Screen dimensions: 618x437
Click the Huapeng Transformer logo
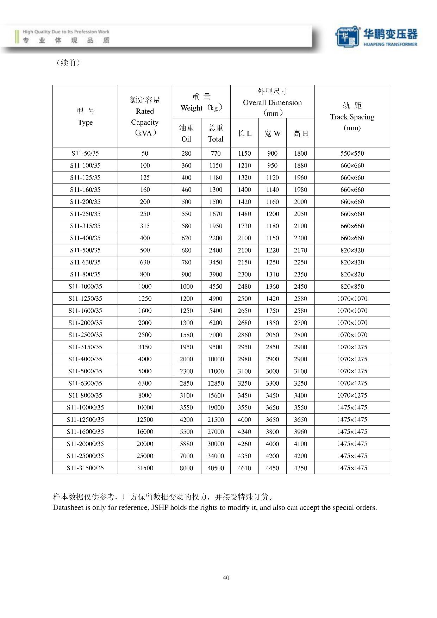[x=376, y=37]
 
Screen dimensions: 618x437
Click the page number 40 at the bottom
[x=226, y=578]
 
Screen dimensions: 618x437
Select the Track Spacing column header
[x=352, y=117]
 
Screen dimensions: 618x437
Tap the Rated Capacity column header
[x=145, y=117]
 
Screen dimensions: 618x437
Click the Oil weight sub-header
[x=186, y=133]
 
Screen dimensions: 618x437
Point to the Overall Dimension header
[x=272, y=102]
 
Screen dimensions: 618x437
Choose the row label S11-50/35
[x=85, y=153]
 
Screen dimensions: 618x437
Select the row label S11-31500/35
[x=85, y=468]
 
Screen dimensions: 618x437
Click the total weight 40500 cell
[x=216, y=468]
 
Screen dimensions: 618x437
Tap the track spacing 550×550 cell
[x=352, y=153]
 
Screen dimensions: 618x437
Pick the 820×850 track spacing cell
[x=352, y=286]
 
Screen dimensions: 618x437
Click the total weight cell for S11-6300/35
[x=216, y=383]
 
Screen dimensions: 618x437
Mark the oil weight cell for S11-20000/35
[x=186, y=444]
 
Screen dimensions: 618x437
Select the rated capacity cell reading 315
[x=145, y=226]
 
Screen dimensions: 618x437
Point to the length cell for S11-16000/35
[x=244, y=432]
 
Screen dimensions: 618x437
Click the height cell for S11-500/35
[x=300, y=250]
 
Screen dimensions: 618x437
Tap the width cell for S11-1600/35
[x=272, y=311]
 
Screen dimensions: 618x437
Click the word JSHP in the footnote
[x=160, y=507]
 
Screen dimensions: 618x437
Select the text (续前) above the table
[x=68, y=63]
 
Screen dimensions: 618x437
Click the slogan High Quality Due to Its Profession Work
[x=66, y=32]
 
